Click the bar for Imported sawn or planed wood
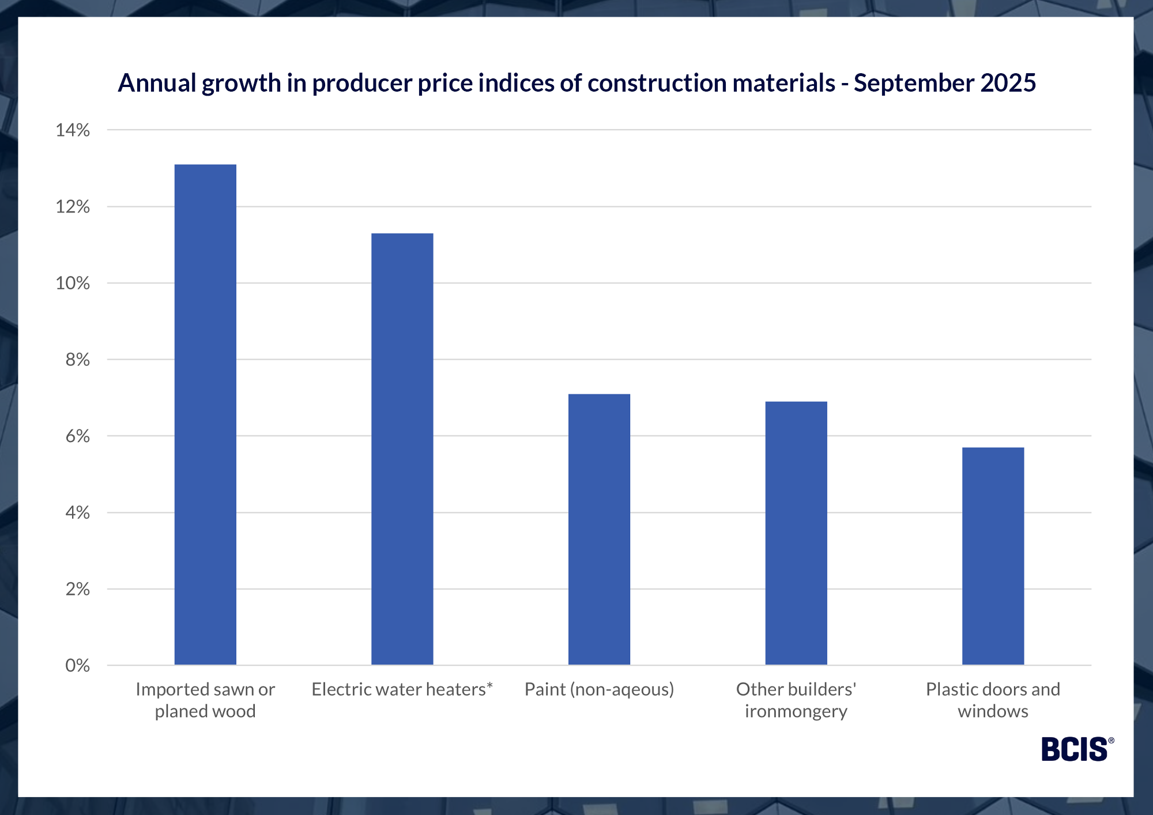205,415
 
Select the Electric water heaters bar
402,450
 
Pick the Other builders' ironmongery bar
796,533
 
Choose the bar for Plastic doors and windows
993,556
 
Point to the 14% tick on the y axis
73,130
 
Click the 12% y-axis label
73,207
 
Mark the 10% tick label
73,284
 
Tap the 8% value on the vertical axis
77,360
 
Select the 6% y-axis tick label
77,436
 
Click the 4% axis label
77,512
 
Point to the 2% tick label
77,589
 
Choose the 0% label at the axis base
77,666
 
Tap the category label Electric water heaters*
402,689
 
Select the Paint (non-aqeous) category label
599,689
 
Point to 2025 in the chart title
1008,84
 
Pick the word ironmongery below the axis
796,711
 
